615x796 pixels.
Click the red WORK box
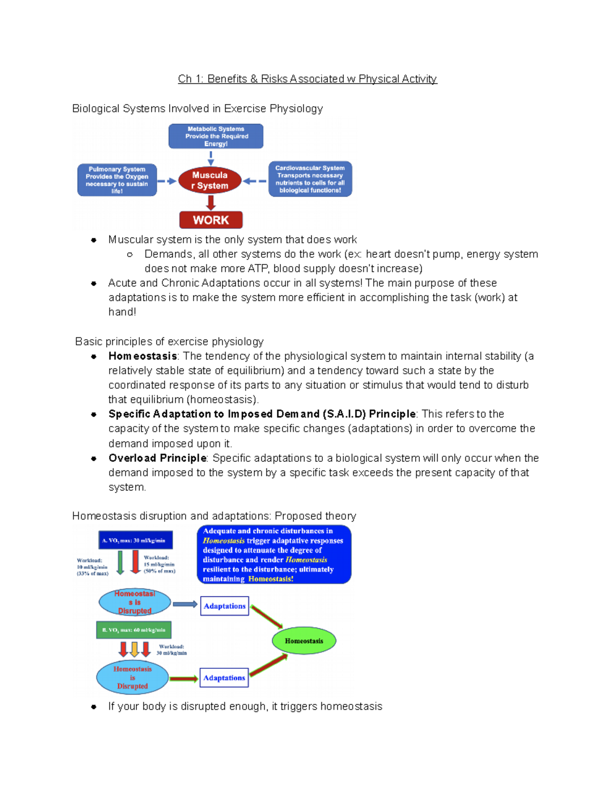click(x=211, y=220)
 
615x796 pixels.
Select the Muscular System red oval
click(x=210, y=180)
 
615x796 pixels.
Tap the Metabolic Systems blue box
click(x=216, y=136)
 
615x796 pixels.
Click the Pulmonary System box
click(x=117, y=180)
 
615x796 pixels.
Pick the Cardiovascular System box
click(x=310, y=179)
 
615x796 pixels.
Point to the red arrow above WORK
click(x=211, y=202)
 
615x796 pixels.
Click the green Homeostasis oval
click(x=304, y=641)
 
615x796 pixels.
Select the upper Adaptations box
click(x=224, y=606)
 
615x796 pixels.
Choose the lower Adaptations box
click(x=224, y=678)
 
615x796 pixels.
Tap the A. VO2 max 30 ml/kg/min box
click(x=135, y=540)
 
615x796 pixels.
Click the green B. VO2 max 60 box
click(x=134, y=630)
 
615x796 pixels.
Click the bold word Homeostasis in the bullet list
click(x=142, y=356)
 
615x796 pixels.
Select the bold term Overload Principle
click(x=157, y=458)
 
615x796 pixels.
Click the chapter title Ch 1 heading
click(x=307, y=79)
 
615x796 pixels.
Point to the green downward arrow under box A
click(x=120, y=562)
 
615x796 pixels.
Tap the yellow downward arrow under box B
click(x=134, y=649)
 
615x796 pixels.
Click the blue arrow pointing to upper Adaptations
click(x=184, y=604)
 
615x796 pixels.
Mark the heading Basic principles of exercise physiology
click(x=169, y=342)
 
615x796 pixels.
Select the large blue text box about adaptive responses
click(x=274, y=555)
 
